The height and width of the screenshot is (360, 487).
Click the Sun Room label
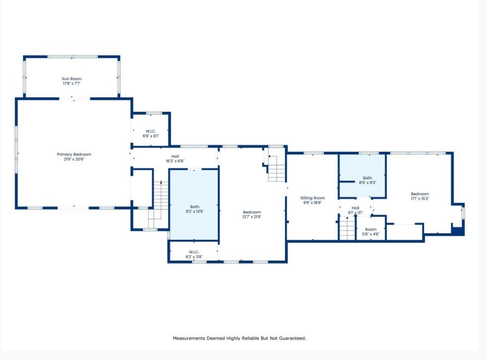pos(71,79)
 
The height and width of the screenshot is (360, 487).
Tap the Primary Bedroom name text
pos(74,154)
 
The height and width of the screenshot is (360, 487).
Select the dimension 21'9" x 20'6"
pos(74,159)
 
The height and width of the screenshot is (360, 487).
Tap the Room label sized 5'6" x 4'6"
pos(371,231)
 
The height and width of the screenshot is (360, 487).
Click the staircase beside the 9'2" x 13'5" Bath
pos(159,201)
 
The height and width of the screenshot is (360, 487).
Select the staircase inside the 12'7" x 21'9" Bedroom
pos(277,169)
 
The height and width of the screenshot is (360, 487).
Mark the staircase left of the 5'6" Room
pos(347,229)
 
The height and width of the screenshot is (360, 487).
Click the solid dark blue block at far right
pos(458,230)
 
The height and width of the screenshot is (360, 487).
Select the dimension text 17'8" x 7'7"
pos(71,84)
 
